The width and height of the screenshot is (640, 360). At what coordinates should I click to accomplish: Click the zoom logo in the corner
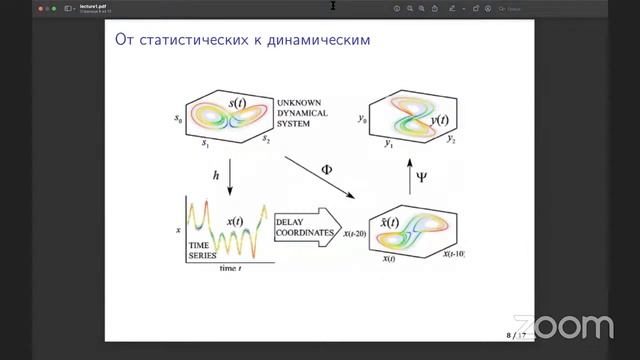point(575,327)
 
